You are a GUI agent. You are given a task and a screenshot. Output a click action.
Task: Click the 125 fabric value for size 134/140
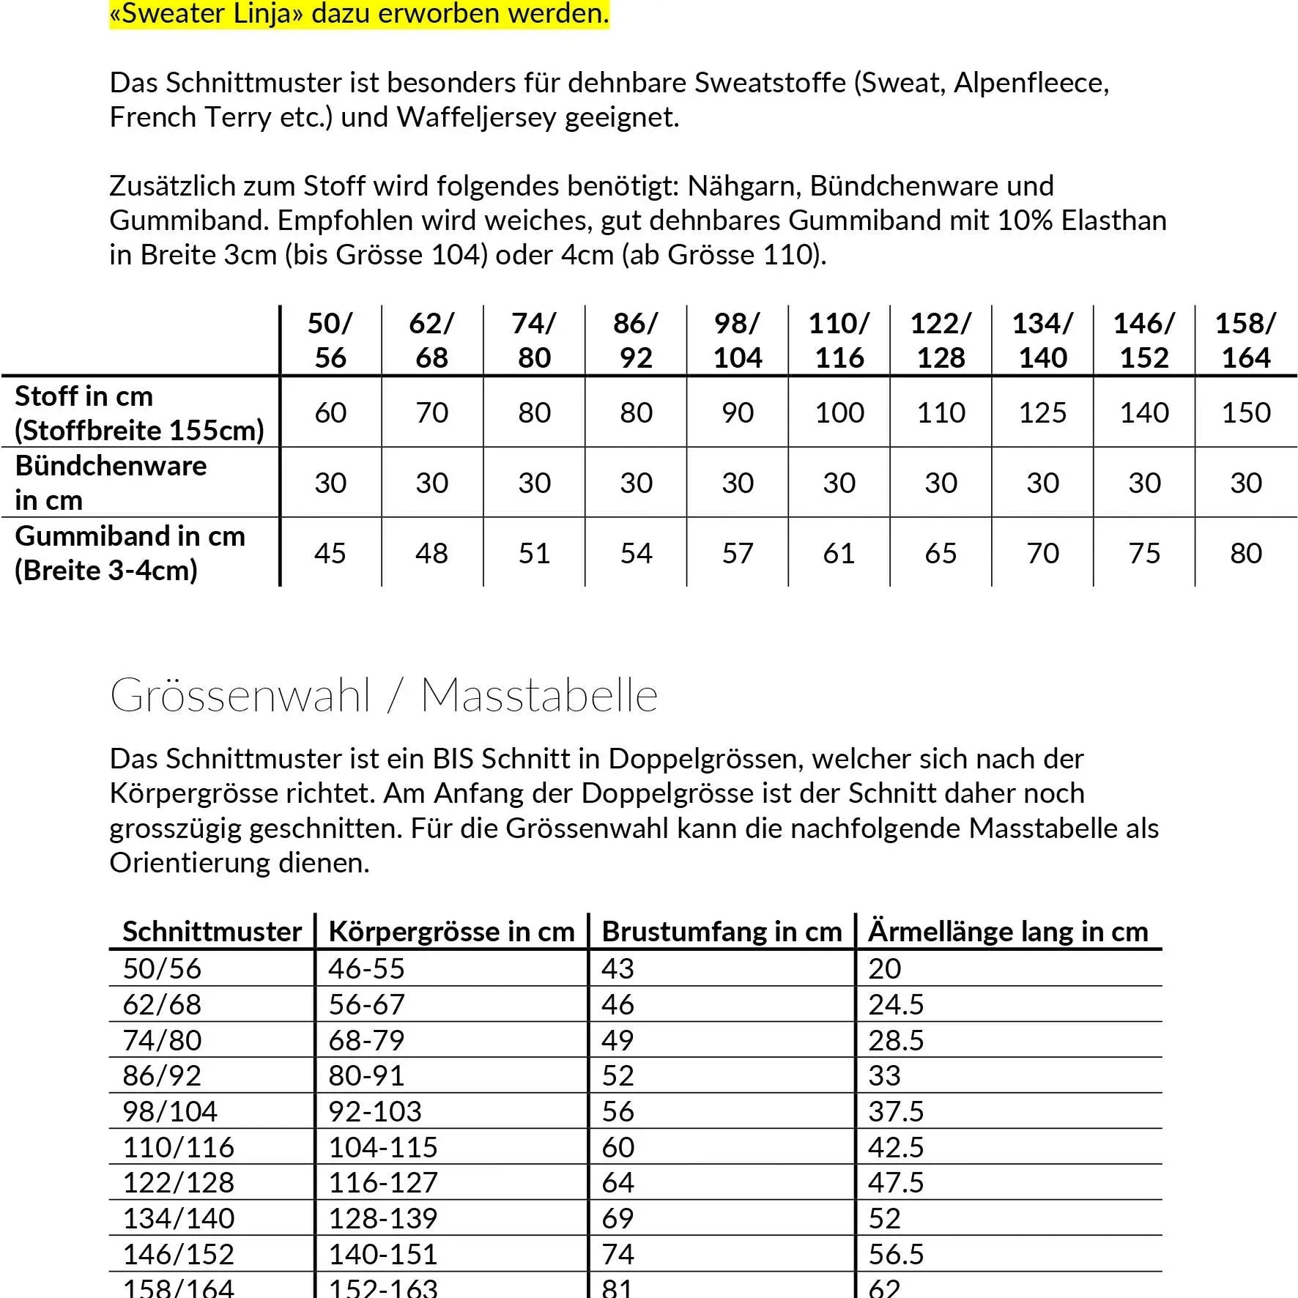[x=1042, y=412]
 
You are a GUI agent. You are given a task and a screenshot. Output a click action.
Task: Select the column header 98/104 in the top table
[x=738, y=341]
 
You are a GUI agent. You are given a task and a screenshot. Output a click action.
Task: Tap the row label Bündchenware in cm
[x=111, y=483]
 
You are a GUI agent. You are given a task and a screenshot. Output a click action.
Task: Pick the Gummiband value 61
[x=839, y=553]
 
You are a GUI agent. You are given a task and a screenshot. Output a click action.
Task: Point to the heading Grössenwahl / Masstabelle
[x=384, y=695]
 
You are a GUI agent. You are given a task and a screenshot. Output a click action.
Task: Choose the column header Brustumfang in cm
[x=722, y=932]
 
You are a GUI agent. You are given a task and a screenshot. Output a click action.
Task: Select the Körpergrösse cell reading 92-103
[x=375, y=1111]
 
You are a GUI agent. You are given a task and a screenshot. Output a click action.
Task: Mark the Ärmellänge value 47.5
[x=896, y=1182]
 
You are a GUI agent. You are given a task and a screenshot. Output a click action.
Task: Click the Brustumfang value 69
[x=618, y=1218]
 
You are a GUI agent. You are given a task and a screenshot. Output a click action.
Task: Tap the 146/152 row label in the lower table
[x=178, y=1254]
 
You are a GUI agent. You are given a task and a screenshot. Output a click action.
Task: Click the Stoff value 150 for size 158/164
[x=1245, y=412]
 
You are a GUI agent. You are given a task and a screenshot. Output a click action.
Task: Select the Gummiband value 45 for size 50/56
[x=330, y=553]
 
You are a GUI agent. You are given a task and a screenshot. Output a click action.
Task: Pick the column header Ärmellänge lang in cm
[x=1008, y=932]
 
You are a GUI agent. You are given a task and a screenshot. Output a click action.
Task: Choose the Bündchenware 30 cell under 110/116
[x=839, y=483]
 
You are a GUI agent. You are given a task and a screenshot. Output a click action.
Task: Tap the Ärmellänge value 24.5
[x=896, y=1004]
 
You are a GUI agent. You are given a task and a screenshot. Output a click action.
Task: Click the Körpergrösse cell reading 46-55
[x=366, y=968]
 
